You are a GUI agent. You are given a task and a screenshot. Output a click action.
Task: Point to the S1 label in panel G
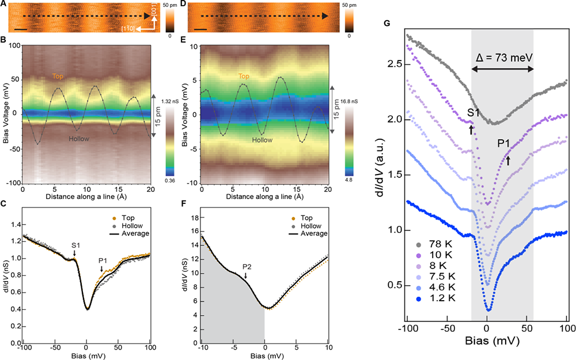[473, 113]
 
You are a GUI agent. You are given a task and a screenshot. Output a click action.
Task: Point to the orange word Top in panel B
[58, 75]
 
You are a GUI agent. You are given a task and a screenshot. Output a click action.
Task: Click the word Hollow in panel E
[262, 139]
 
